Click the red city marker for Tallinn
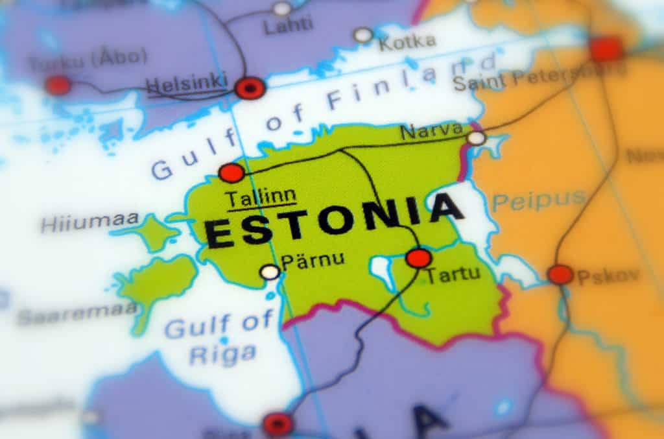[231, 172]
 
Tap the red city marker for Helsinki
[250, 88]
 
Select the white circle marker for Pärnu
[270, 272]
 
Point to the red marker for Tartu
[419, 257]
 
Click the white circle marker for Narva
[477, 137]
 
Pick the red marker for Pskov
[560, 274]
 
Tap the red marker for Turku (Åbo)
[57, 85]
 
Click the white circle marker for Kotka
[364, 35]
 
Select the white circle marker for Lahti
[282, 8]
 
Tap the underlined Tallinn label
[260, 197]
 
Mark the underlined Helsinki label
[187, 84]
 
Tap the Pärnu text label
[313, 261]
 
